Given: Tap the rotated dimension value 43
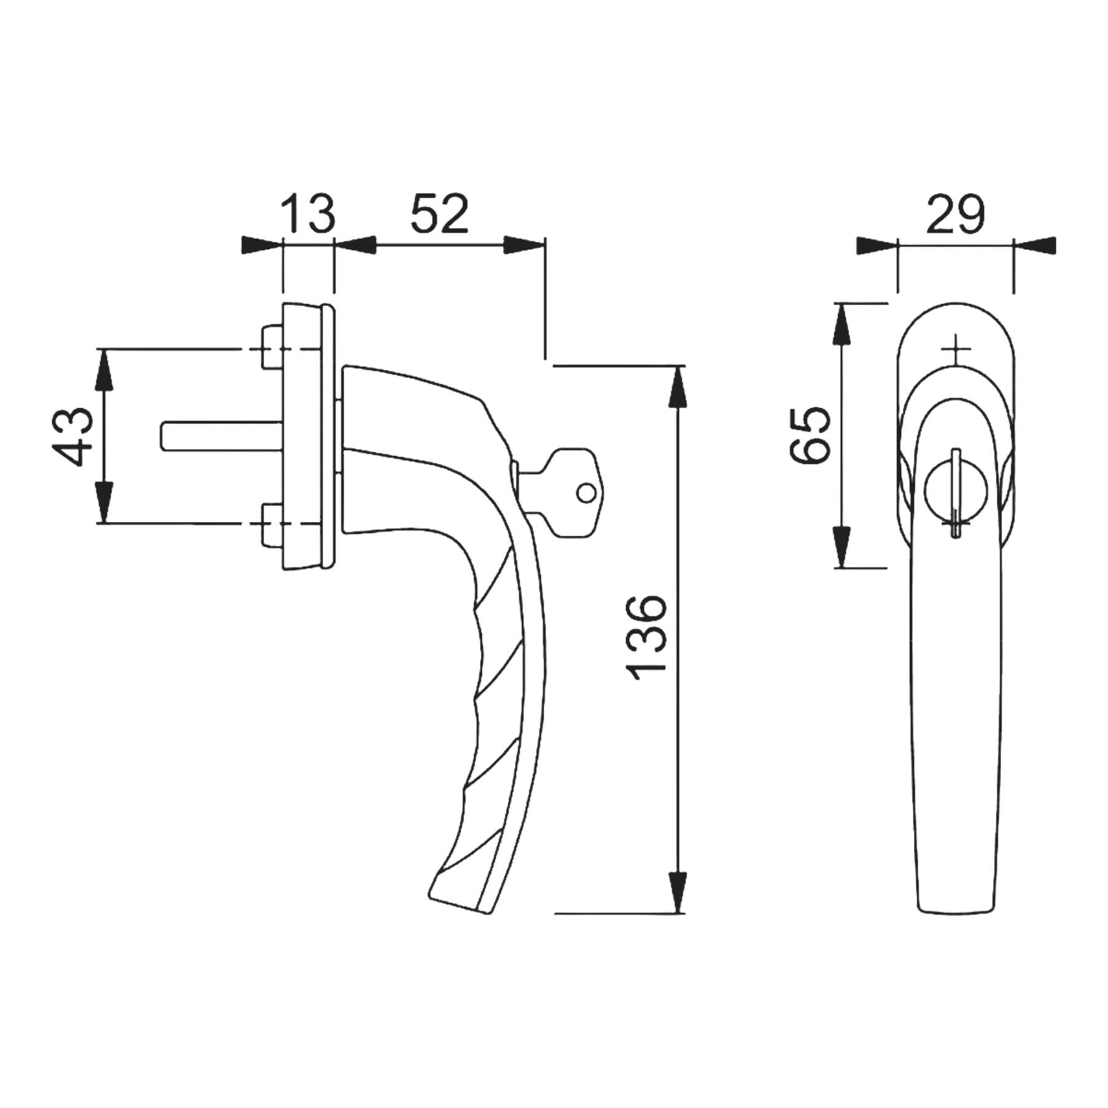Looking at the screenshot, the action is point(73,436).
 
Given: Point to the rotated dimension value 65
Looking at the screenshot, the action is point(810,435).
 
